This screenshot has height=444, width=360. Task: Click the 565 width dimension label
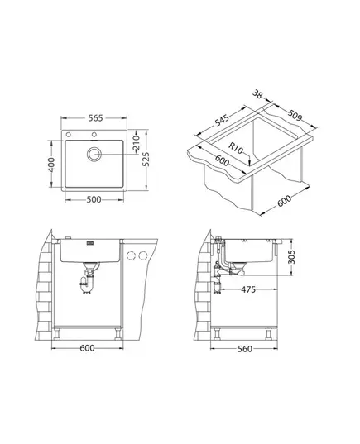pyautogui.click(x=95, y=118)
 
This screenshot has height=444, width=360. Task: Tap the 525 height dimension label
pyautogui.click(x=146, y=160)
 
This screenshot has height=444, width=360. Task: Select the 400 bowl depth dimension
pyautogui.click(x=51, y=165)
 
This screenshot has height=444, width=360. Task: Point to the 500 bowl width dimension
pyautogui.click(x=94, y=199)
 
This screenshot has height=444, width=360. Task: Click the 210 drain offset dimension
pyautogui.click(x=137, y=143)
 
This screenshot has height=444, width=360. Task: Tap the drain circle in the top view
pyautogui.click(x=94, y=154)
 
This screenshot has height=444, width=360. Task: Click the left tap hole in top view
pyautogui.click(x=68, y=134)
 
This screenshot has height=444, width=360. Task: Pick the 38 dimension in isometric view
pyautogui.click(x=257, y=94)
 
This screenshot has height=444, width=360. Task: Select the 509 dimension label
pyautogui.click(x=295, y=115)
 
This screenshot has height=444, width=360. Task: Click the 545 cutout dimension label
pyautogui.click(x=222, y=120)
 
